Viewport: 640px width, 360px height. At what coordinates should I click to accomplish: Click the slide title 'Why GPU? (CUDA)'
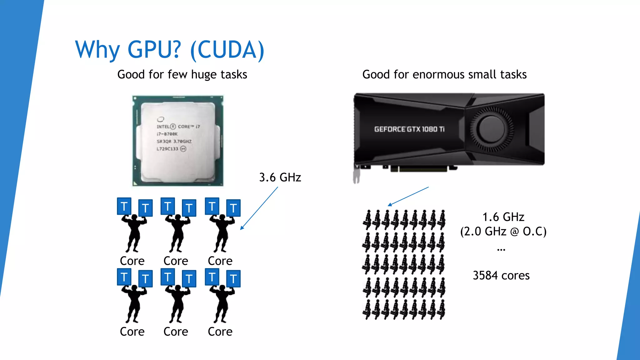point(170,50)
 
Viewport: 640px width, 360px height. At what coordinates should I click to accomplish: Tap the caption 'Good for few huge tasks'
point(182,75)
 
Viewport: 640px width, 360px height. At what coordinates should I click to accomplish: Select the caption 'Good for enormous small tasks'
point(444,75)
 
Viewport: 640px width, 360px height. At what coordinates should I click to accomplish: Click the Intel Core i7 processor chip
point(178,141)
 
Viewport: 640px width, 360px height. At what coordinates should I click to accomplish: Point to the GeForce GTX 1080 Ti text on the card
point(409,129)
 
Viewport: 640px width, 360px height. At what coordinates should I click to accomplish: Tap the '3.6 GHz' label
point(280,177)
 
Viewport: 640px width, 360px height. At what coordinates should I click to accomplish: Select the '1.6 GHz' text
point(503,217)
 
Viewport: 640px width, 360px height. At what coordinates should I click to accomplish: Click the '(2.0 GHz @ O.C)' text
point(503,232)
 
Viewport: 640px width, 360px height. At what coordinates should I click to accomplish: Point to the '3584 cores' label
point(501,276)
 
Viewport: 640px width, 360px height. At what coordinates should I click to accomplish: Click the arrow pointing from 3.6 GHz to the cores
point(259,208)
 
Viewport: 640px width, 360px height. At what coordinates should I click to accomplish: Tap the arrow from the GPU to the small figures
point(408,196)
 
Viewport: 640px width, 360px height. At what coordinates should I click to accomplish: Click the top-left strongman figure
point(134,233)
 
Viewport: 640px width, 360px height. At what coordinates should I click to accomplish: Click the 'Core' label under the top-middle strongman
point(176,261)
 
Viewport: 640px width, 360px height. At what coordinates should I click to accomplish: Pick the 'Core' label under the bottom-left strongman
point(132,332)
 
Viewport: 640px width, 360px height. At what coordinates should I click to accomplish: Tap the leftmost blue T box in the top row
point(124,206)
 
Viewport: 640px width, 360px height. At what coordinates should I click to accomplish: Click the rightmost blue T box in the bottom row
point(233,278)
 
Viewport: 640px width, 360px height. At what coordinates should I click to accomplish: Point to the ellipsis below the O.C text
point(501,250)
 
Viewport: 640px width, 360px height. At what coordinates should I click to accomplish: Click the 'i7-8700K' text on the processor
point(167,134)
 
